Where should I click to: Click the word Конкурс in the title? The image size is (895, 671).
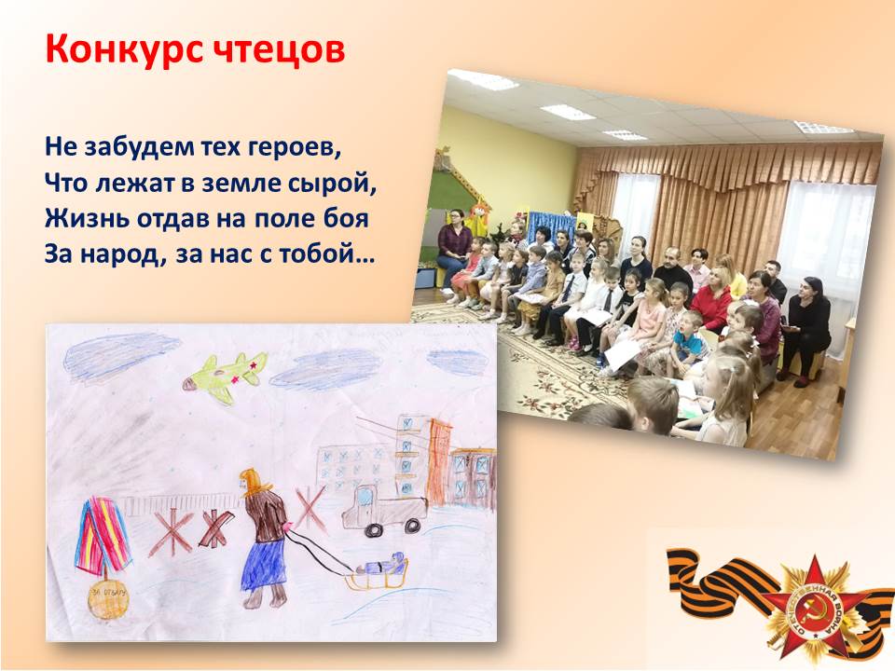(124, 49)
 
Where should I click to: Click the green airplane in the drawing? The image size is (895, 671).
(226, 377)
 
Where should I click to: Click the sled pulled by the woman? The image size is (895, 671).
(379, 573)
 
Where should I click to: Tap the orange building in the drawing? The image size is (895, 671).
(438, 462)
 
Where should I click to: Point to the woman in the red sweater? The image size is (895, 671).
(711, 299)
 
